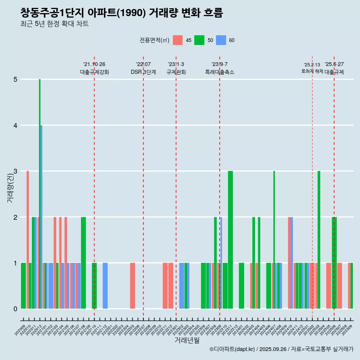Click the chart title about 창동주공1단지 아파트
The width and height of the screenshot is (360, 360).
pos(121,13)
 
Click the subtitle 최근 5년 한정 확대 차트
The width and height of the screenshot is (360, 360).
pos(54,24)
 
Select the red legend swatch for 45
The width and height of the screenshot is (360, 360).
pos(177,40)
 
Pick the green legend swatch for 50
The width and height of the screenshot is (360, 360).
pos(199,40)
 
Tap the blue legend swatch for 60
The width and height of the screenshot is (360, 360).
pos(221,40)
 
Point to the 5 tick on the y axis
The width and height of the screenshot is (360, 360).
pos(15,79)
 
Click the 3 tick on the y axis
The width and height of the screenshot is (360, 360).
pos(15,171)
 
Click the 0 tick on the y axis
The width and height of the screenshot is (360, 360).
pos(15,309)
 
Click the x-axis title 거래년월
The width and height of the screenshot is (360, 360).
pos(187,340)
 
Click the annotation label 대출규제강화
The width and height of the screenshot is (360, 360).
pos(94,72)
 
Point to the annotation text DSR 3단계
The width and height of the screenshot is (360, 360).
pos(143,72)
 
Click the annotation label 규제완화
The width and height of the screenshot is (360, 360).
pos(176,72)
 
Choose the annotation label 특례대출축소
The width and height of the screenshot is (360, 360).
pos(219,72)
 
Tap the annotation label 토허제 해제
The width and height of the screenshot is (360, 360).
pos(312,71)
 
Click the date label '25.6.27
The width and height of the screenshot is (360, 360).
pos(334,64)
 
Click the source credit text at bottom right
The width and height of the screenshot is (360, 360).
pos(281,349)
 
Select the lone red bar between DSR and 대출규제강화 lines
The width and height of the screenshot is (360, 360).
pos(132,286)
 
